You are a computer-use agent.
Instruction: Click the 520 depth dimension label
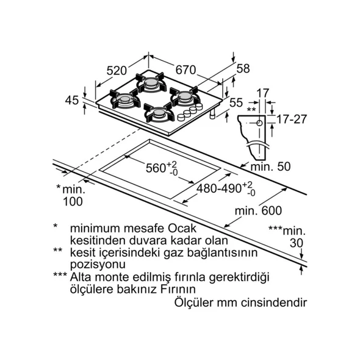(117, 71)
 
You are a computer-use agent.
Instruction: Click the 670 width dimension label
(185, 70)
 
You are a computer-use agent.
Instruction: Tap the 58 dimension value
(243, 68)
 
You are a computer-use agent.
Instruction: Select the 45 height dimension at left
(72, 101)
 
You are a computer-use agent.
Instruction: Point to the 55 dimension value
(236, 102)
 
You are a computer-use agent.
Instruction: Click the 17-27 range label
(292, 119)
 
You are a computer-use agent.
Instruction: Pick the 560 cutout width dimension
(162, 168)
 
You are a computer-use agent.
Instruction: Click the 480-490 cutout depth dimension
(226, 188)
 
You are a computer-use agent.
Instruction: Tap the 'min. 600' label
(258, 210)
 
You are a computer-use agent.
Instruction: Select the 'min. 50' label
(270, 166)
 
